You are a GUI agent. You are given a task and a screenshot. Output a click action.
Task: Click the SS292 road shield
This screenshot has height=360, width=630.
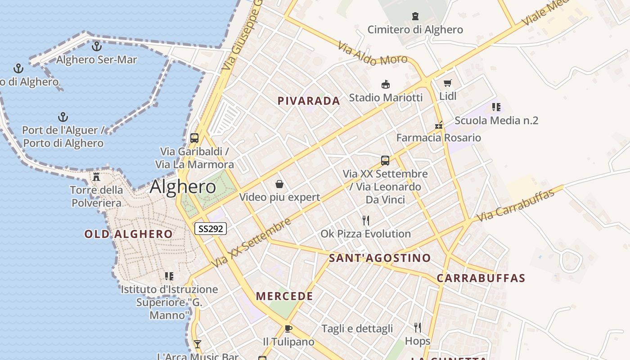coord(211,229)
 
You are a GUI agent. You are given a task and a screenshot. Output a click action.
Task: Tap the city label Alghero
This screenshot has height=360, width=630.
coord(183,187)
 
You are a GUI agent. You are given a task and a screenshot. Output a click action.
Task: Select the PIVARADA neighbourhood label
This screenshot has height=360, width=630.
coord(309,101)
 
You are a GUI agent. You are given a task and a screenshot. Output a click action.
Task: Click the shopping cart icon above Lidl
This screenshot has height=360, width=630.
coord(447,83)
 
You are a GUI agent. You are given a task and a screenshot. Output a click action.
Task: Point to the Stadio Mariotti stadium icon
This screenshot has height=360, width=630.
coord(385,84)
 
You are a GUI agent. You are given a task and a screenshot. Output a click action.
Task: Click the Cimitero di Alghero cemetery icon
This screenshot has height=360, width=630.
coord(415,16)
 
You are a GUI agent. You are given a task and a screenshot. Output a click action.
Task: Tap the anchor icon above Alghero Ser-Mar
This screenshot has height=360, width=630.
coord(96,46)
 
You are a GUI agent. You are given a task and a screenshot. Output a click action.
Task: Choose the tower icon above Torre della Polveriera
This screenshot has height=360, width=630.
coord(96,176)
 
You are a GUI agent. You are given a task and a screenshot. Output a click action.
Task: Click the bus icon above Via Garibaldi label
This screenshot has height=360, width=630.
coord(194,138)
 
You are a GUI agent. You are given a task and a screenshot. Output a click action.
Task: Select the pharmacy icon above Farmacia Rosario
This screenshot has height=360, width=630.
coord(439,125)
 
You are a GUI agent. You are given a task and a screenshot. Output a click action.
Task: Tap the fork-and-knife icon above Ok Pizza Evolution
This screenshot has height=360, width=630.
coord(366,220)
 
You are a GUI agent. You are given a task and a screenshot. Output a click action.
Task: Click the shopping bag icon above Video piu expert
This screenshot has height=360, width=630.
coord(279,184)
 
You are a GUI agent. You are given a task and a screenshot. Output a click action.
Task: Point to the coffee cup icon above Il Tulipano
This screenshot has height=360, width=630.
coord(288,328)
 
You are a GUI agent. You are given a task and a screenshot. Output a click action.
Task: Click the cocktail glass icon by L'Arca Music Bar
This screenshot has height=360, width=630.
coord(197,344)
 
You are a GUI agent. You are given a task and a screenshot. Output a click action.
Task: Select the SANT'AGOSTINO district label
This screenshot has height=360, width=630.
coord(380,258)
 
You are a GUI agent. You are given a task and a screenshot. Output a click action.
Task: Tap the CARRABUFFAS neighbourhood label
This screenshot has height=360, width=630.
coord(481,278)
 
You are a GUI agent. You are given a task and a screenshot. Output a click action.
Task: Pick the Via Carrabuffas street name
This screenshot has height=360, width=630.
coord(515,206)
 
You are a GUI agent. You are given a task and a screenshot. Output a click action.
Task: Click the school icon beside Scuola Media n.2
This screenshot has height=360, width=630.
coord(496,107)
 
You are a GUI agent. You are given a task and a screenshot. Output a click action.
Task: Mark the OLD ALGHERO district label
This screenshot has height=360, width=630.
coord(128,234)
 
